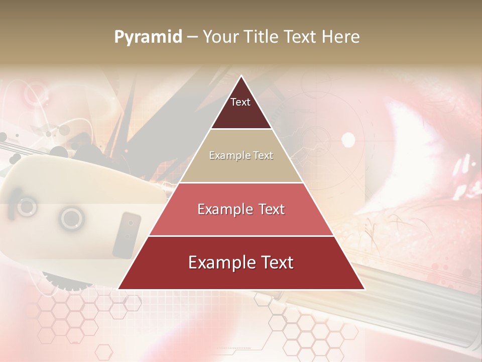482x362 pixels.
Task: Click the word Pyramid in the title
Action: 148,37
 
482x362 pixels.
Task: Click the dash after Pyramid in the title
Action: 192,37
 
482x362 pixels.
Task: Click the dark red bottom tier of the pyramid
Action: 241,277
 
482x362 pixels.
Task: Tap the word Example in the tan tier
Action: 225,155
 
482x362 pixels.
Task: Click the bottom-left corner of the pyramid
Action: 118,289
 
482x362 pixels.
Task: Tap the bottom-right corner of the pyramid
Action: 364,289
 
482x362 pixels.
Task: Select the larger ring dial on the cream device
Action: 72,218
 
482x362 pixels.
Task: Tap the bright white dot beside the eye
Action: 348,140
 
